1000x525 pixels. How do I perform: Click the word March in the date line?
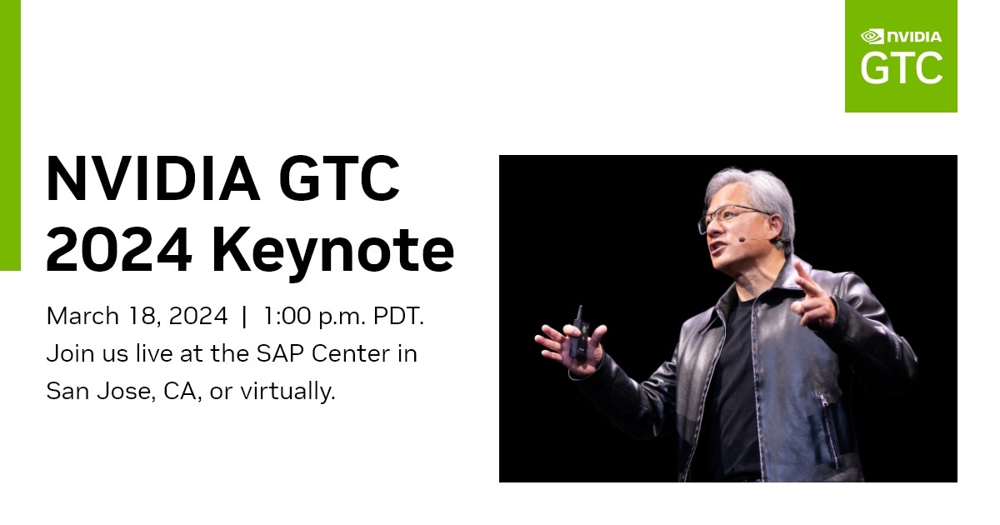pyautogui.click(x=78, y=317)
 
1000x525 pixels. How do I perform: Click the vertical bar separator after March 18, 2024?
pyautogui.click(x=244, y=317)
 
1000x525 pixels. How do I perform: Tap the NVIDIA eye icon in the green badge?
pyautogui.click(x=872, y=36)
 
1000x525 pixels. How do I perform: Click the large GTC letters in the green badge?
pyautogui.click(x=901, y=68)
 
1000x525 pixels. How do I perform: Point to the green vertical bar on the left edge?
pyautogui.click(x=10, y=133)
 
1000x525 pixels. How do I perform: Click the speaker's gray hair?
pyautogui.click(x=746, y=187)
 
